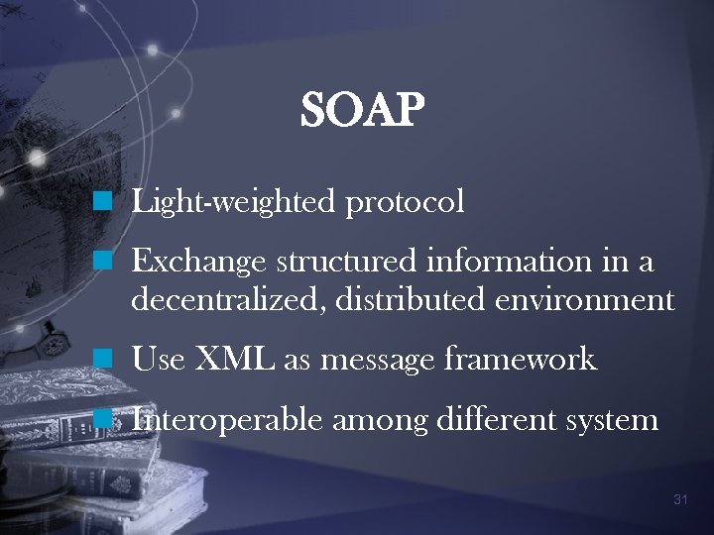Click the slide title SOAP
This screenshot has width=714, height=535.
tap(363, 111)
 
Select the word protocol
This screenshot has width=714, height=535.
tap(405, 203)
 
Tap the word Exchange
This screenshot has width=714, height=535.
tap(198, 263)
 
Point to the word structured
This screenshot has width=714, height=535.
tap(348, 263)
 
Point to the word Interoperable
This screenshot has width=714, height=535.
tap(227, 420)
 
